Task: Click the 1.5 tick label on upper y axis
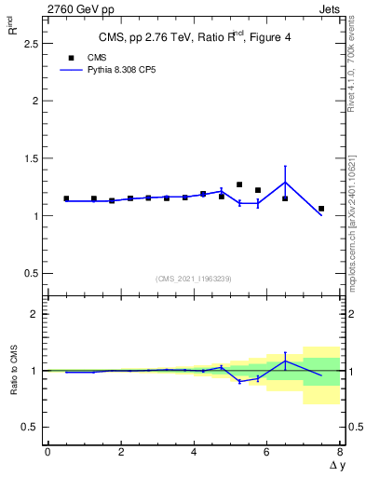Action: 29,158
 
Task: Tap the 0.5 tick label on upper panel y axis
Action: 29,273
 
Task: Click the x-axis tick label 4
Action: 194,452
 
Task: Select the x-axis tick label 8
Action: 340,452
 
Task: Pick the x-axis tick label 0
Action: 47,452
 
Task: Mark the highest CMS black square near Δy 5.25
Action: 239,184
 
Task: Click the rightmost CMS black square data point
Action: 321,209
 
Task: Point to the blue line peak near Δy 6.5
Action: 285,182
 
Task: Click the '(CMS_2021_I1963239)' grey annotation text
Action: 194,278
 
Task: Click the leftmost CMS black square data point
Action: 66,198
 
